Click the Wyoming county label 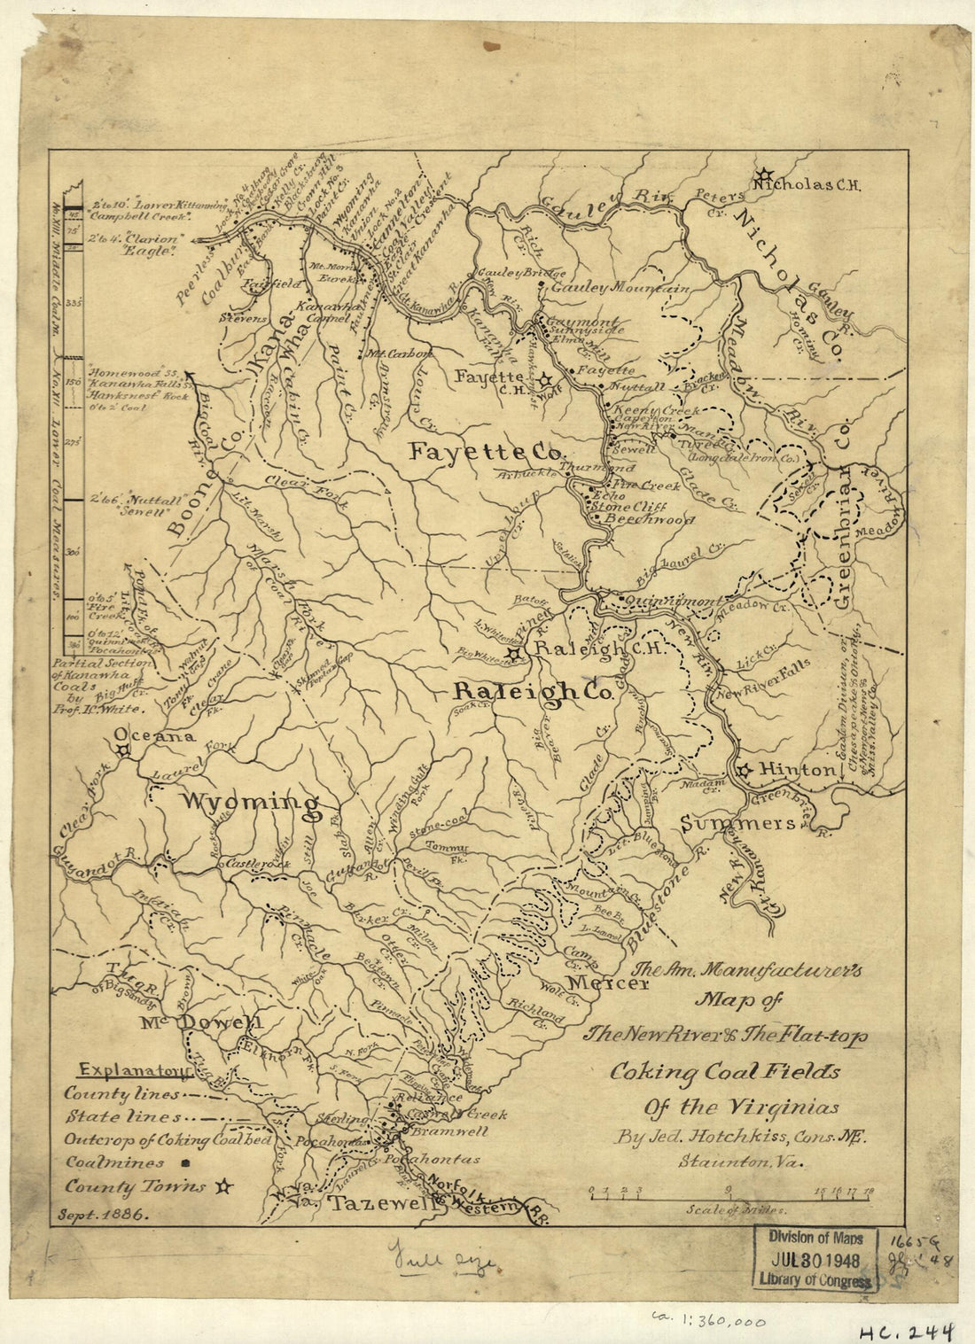tap(250, 804)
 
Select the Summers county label tap(737, 824)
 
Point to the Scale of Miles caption tap(735, 1208)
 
